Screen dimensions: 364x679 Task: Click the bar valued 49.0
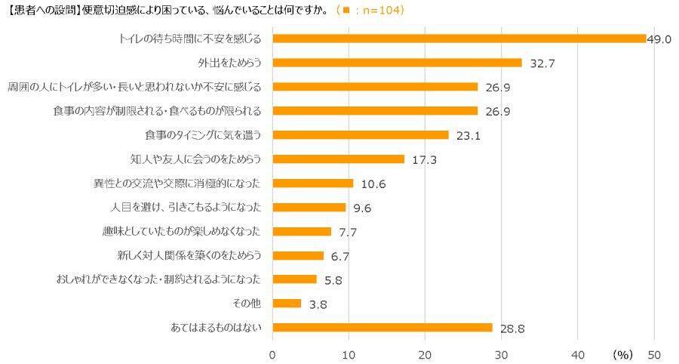459,39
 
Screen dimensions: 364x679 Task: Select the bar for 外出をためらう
397,63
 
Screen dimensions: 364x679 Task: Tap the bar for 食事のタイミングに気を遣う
361,135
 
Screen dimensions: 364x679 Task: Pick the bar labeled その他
287,304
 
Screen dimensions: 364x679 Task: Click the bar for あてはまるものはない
382,328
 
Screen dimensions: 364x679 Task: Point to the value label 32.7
542,63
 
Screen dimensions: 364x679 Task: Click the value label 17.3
425,160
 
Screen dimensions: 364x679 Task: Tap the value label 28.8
513,329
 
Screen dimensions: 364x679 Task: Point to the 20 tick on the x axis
426,354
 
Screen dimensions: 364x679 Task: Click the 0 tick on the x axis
273,354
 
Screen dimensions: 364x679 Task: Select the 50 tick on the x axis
654,354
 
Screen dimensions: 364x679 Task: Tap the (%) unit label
622,354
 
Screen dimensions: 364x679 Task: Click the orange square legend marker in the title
346,11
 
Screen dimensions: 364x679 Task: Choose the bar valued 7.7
302,232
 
